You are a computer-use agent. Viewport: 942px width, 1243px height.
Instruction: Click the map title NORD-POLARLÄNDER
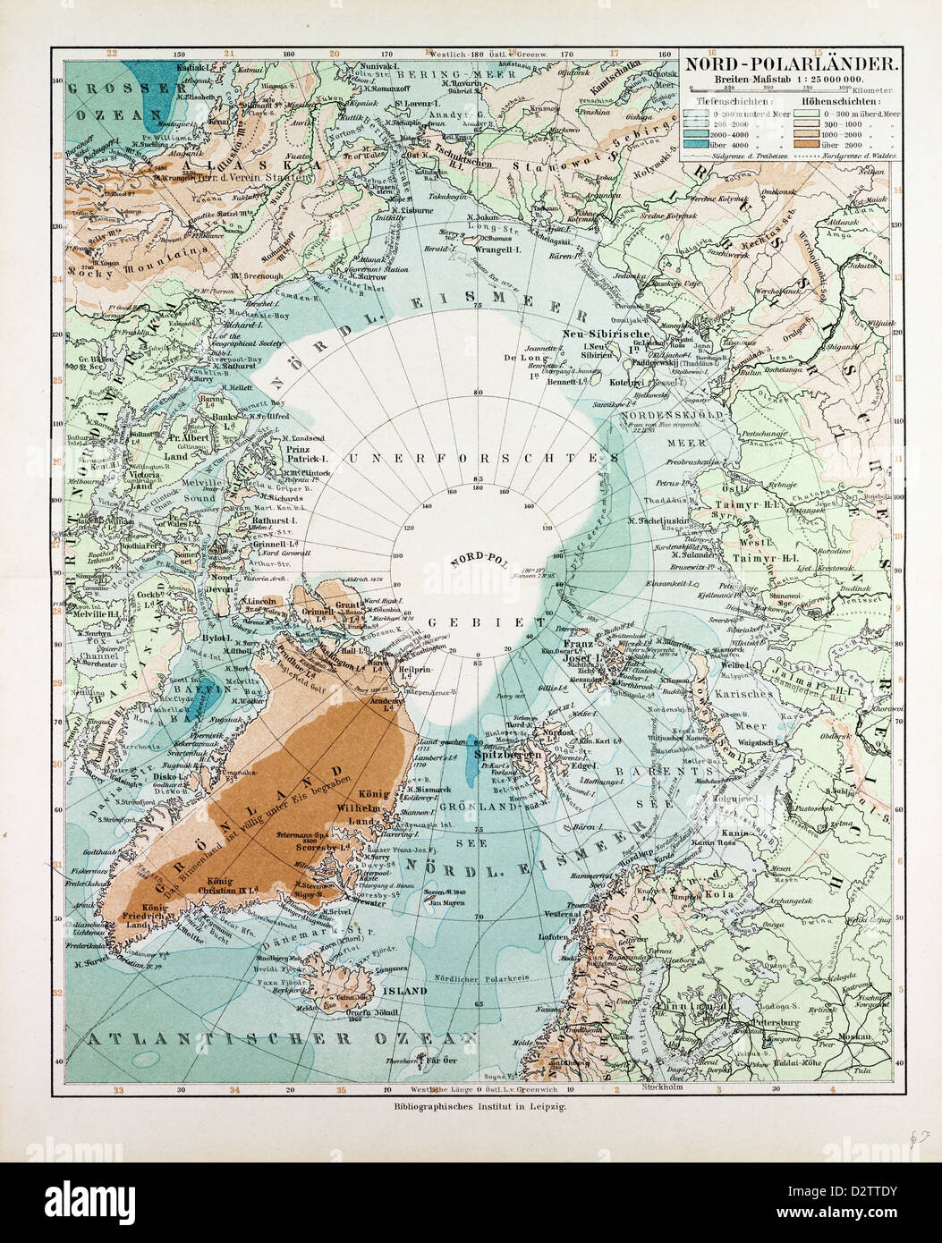(x=792, y=63)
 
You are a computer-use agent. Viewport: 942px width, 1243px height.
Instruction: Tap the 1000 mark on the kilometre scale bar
(x=844, y=88)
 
